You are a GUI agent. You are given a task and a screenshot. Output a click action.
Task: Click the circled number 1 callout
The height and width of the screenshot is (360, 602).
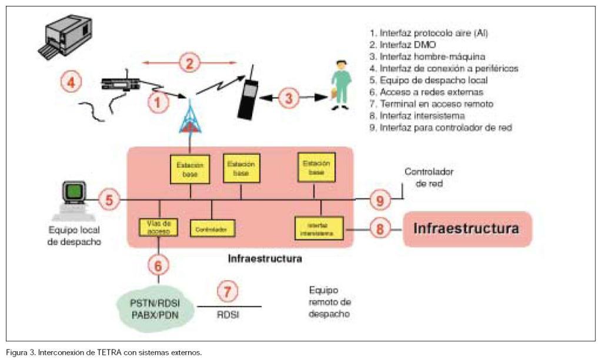pos(157,102)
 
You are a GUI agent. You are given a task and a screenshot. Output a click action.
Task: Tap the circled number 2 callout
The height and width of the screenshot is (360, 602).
pos(189,62)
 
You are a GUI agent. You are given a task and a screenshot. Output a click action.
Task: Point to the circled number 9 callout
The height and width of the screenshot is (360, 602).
pos(380,200)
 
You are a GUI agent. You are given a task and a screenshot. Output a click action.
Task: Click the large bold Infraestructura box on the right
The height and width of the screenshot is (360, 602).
pos(467,228)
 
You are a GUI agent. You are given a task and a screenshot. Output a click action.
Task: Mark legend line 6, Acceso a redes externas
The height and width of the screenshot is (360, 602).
pos(432,92)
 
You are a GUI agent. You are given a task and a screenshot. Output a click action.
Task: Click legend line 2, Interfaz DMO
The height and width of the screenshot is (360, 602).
pos(410,45)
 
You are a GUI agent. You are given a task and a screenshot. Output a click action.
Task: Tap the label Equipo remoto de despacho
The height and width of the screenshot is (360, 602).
pos(329,302)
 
